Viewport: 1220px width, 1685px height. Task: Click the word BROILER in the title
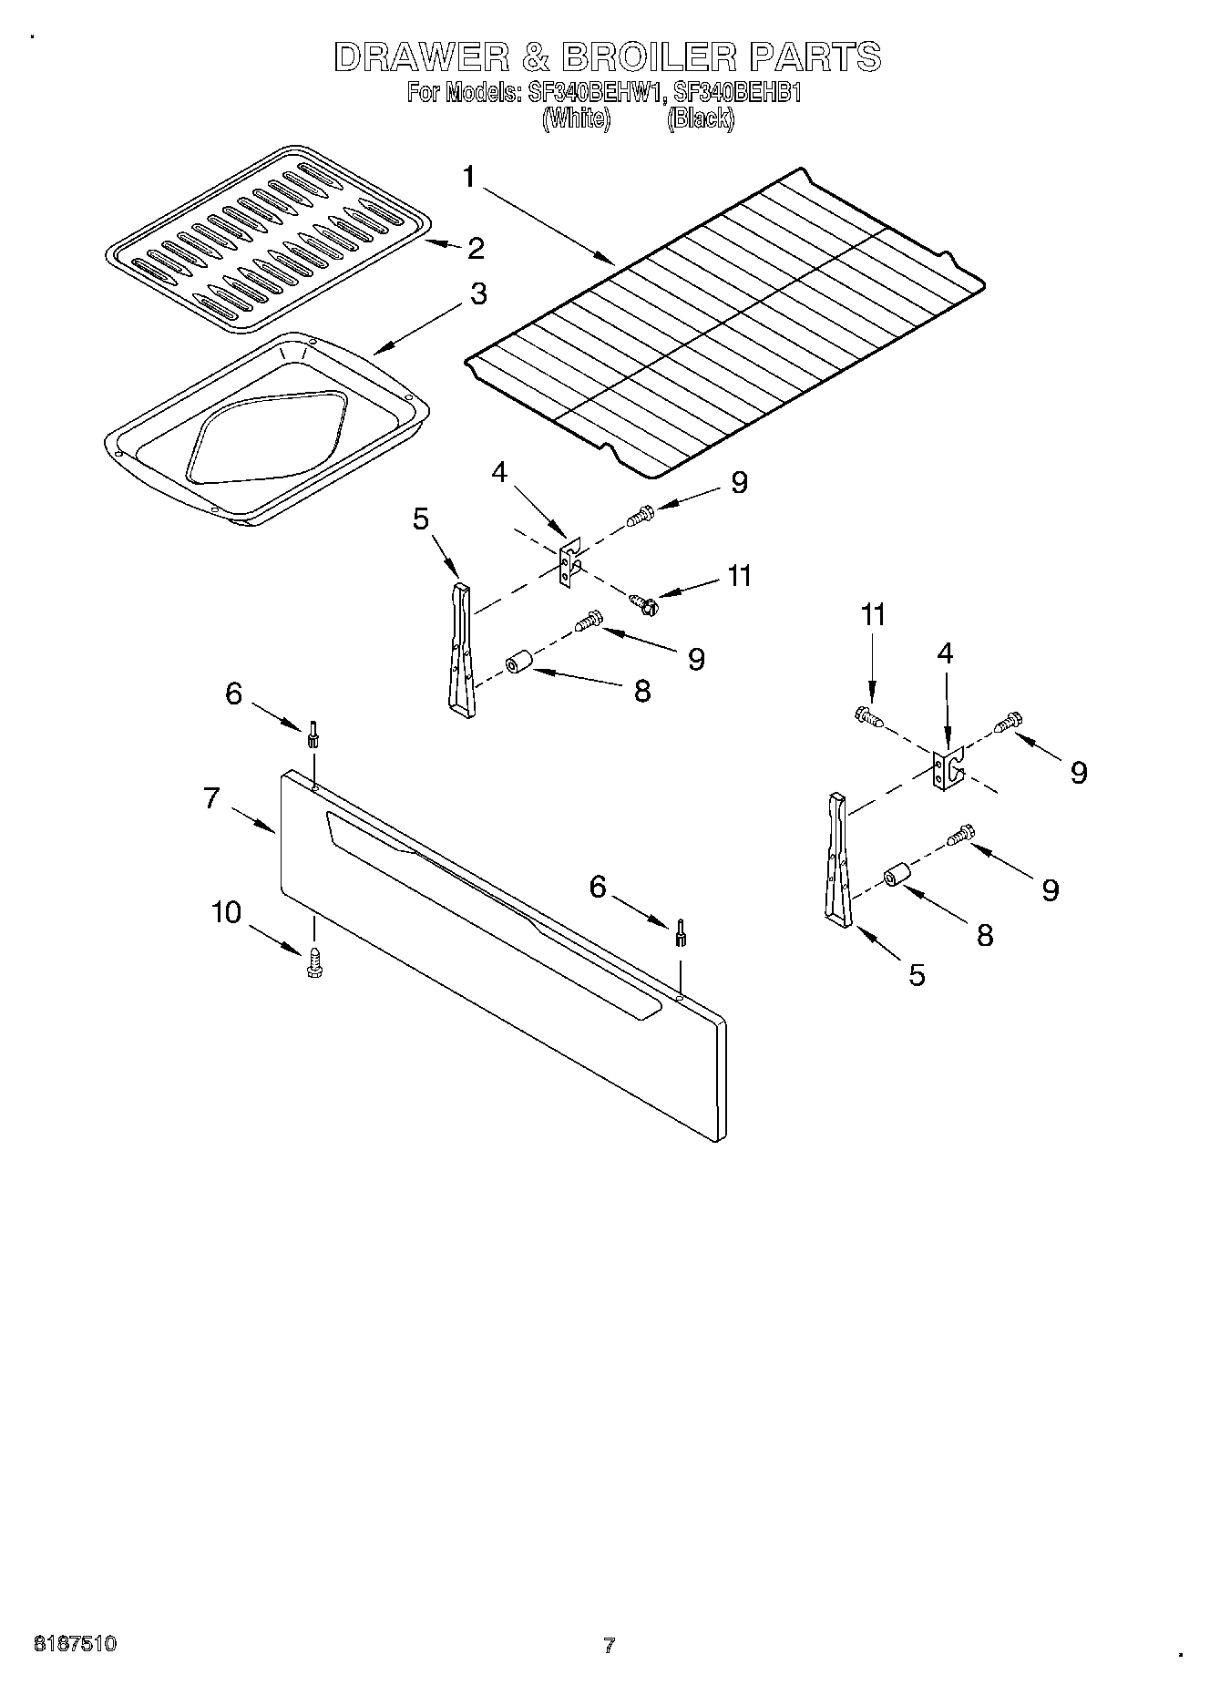(648, 58)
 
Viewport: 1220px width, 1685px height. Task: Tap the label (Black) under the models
(700, 118)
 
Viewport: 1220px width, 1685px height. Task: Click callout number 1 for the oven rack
(469, 178)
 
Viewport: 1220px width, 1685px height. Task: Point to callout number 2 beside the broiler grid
(476, 248)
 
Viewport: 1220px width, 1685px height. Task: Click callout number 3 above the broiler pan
(477, 293)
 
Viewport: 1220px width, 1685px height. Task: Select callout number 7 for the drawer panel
(211, 799)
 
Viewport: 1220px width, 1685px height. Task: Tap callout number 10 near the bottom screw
(227, 912)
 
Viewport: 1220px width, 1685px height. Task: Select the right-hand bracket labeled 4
(948, 767)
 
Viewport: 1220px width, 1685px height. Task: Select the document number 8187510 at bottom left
(75, 1644)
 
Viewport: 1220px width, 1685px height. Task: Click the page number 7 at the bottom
(609, 1645)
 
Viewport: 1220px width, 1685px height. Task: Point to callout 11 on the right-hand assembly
(873, 615)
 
